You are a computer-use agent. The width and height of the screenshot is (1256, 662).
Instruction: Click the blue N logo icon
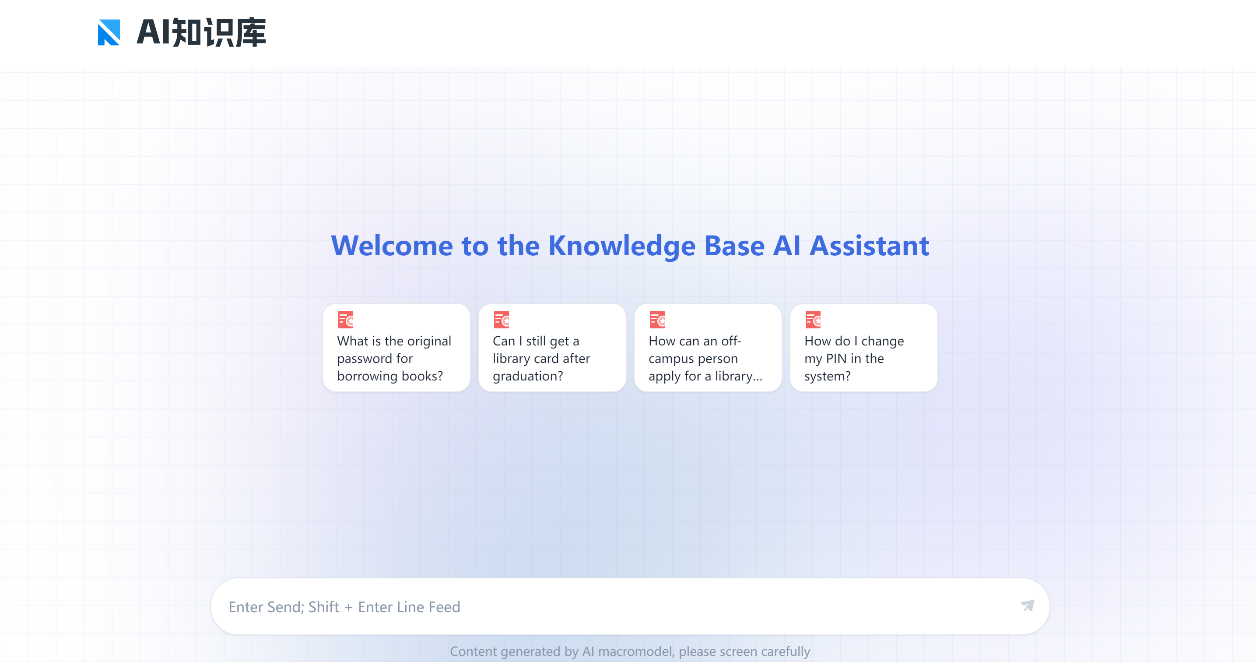109,32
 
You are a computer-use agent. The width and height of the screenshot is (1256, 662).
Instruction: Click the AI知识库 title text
201,33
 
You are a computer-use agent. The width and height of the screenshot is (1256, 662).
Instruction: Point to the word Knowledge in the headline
622,246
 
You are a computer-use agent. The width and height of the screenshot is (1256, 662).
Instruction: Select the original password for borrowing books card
396,347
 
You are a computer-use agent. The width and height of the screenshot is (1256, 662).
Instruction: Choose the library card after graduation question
552,347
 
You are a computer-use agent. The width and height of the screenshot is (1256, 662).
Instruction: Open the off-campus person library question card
708,347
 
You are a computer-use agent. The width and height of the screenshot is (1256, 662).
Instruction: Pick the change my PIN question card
863,347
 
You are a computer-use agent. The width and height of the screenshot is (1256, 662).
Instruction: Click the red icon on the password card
346,320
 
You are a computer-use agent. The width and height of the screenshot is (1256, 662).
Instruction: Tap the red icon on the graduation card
501,320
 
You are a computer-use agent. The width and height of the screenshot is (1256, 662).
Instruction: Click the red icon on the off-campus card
657,320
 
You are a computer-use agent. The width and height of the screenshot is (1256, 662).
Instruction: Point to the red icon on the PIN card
813,320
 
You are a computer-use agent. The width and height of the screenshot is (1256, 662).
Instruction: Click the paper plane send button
1027,606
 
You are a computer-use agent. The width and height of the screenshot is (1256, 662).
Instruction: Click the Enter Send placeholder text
344,606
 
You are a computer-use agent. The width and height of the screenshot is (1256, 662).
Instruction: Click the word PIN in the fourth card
836,359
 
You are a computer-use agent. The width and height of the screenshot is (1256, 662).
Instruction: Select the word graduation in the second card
527,376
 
